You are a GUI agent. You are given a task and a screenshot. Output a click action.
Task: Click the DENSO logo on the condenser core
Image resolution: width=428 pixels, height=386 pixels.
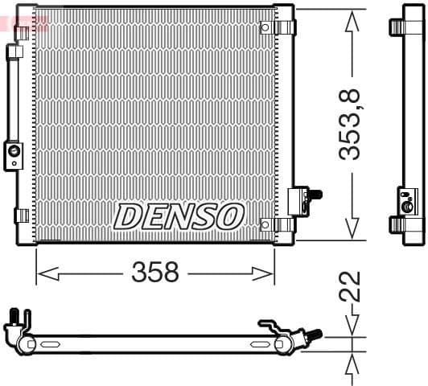click(179, 216)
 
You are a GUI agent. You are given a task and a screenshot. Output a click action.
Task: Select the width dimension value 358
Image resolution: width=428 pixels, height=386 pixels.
click(154, 273)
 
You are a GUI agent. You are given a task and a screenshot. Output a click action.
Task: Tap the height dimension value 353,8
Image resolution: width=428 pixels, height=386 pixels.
click(351, 125)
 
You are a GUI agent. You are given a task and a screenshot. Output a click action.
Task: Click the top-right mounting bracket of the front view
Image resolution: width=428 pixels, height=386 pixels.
click(284, 27)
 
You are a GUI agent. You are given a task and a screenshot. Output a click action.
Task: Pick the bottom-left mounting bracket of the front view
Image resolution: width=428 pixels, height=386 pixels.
click(22, 216)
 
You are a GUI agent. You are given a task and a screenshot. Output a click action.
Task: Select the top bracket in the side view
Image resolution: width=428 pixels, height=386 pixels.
click(405, 27)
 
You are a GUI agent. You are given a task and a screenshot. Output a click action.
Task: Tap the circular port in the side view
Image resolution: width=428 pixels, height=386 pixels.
click(408, 206)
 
